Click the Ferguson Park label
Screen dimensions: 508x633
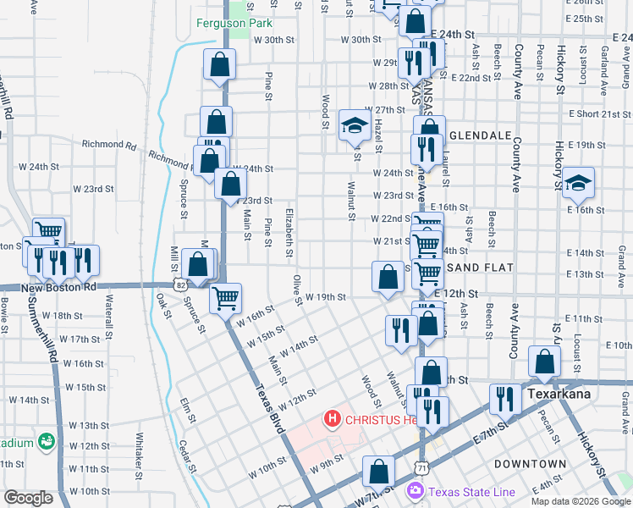click(x=234, y=23)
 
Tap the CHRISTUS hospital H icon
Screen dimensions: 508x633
click(x=333, y=418)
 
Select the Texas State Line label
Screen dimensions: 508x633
click(x=469, y=492)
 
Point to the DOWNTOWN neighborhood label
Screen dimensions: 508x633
click(x=530, y=464)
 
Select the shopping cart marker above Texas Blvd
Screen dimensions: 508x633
click(x=225, y=298)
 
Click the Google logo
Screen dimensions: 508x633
click(x=28, y=498)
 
